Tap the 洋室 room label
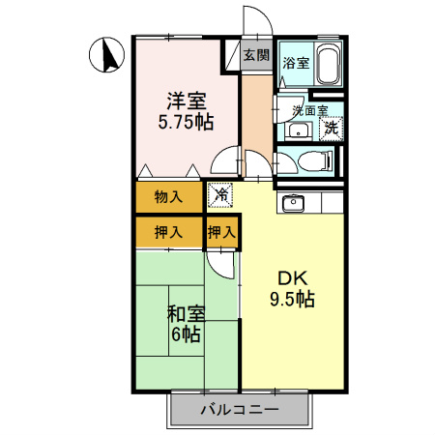click(x=187, y=100)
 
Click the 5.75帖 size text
click(x=187, y=123)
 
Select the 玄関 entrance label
click(x=256, y=56)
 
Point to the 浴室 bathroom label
click(x=296, y=63)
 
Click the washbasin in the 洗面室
click(x=297, y=131)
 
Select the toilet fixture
click(x=310, y=161)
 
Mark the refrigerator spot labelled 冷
click(x=220, y=195)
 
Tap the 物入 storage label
click(x=168, y=197)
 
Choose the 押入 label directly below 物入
click(x=168, y=232)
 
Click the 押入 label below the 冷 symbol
click(x=221, y=232)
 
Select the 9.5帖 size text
click(x=292, y=299)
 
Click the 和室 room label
click(x=185, y=313)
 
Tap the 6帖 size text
click(x=185, y=335)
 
